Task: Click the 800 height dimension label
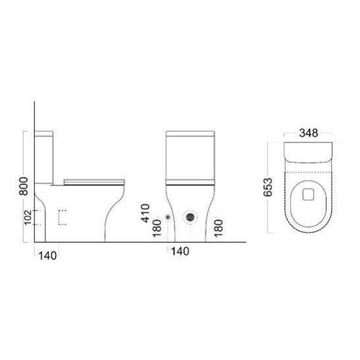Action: point(23,186)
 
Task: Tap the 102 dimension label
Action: point(28,217)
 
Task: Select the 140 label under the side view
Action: point(48,256)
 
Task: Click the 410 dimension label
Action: point(145,213)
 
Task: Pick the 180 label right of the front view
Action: point(219,228)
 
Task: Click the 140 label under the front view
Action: point(180,251)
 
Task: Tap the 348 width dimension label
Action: point(309,133)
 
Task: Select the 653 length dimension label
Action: point(268,187)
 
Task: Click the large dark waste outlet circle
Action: point(190,217)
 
